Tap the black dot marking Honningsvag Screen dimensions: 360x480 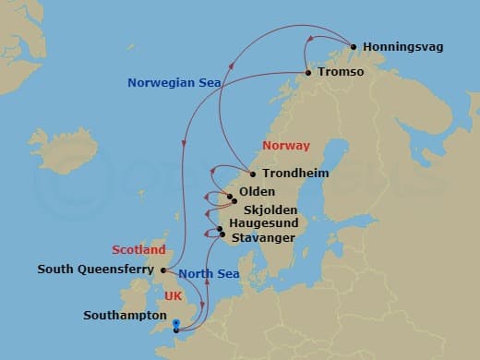352,45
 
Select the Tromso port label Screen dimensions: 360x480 340,72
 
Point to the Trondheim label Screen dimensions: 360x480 295,173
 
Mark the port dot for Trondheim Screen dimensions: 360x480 252,173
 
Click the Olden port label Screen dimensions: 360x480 257,192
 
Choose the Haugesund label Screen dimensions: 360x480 264,224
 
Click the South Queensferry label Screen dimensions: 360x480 96,270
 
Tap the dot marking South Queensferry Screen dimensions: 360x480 163,270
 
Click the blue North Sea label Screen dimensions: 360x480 209,272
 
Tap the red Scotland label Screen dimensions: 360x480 138,250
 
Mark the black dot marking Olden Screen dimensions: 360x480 230,196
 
